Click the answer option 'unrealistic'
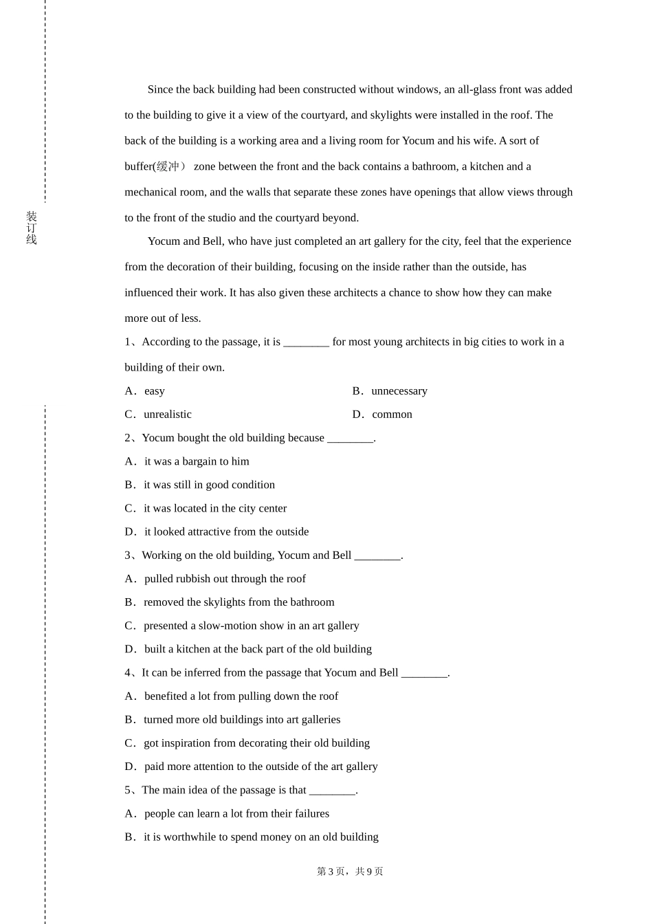point(167,415)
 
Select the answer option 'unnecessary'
point(399,391)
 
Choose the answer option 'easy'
point(155,391)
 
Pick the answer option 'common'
point(392,415)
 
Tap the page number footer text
point(350,872)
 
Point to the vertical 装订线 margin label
point(32,228)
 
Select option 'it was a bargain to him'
point(197,461)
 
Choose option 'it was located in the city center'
point(214,509)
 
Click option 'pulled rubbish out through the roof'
point(225,579)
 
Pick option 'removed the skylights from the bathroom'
point(239,602)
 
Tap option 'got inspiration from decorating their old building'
point(256,743)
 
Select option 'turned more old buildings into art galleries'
point(242,720)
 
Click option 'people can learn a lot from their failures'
point(236,814)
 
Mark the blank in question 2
point(350,439)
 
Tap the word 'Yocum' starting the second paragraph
point(164,241)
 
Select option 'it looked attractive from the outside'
point(226,532)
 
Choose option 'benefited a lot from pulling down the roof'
point(241,696)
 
